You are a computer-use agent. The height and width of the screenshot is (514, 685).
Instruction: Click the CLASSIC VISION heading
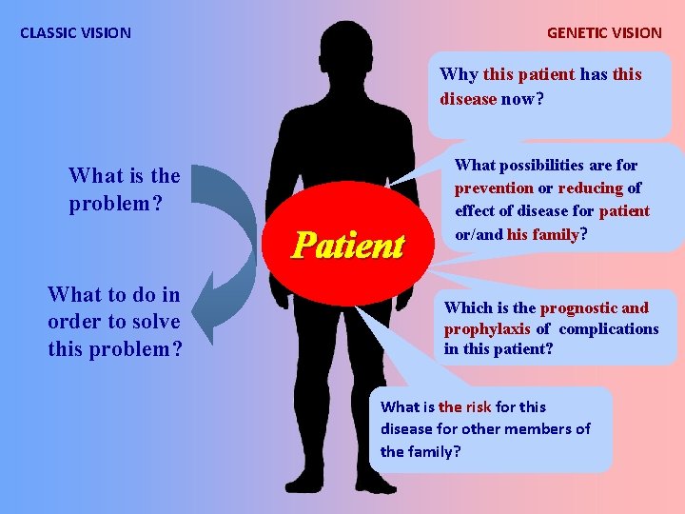pos(76,32)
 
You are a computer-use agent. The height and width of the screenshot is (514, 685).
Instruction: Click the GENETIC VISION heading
pos(604,32)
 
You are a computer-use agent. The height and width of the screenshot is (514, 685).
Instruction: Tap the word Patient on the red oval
pos(348,246)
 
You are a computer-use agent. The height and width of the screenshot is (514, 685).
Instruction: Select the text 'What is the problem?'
pos(124,188)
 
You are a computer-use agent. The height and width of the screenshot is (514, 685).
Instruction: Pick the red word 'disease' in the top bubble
pos(468,98)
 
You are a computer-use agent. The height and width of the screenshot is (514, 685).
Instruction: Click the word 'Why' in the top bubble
pos(459,74)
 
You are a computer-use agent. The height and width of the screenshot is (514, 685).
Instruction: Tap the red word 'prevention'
pos(494,188)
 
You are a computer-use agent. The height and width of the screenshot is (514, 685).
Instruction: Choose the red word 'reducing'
pos(590,188)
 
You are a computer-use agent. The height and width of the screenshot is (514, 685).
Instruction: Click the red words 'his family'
pos(543,234)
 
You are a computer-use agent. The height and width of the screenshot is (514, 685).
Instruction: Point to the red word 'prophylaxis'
pos(487,328)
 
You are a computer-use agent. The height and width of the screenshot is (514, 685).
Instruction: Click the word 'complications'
pos(609,328)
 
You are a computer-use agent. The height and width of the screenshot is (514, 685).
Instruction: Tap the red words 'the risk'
pos(464,406)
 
